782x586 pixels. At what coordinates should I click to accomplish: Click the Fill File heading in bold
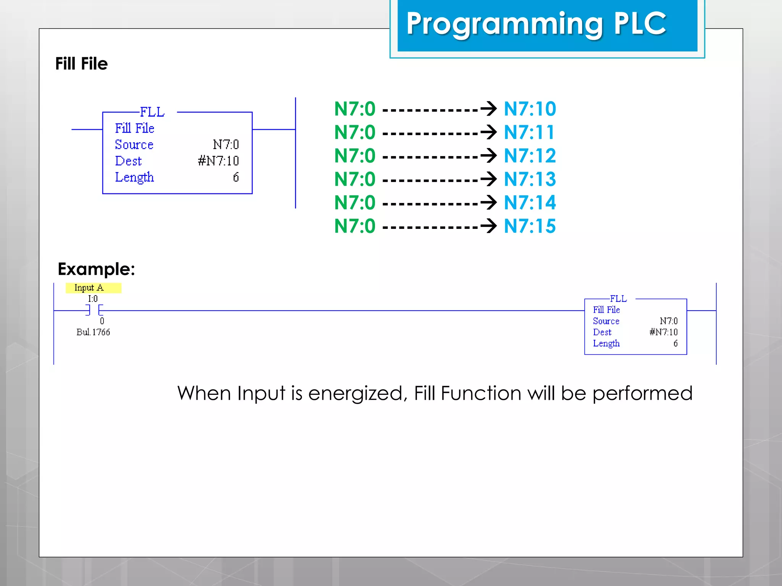point(81,64)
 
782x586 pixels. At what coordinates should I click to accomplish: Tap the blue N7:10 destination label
point(530,109)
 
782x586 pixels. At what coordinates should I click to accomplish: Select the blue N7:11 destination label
point(529,132)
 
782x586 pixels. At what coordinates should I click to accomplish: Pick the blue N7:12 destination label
point(530,156)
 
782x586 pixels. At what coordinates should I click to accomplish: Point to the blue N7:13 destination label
point(530,179)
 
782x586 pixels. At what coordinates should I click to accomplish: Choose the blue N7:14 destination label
point(530,203)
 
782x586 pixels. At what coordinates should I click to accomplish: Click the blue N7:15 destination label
point(530,226)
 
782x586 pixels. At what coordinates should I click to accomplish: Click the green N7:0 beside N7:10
point(355,109)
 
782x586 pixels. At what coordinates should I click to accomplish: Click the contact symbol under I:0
point(94,310)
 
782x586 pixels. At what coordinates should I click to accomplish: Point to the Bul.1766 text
point(93,332)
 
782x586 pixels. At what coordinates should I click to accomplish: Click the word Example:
point(96,269)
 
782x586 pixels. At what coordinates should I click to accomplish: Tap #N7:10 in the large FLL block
point(218,161)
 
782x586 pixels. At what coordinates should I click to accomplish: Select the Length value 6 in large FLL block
point(236,177)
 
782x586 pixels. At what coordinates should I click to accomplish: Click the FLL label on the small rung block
point(618,299)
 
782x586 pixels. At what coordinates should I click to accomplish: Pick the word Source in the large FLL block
point(134,145)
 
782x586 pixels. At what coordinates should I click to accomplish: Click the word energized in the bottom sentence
point(355,393)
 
